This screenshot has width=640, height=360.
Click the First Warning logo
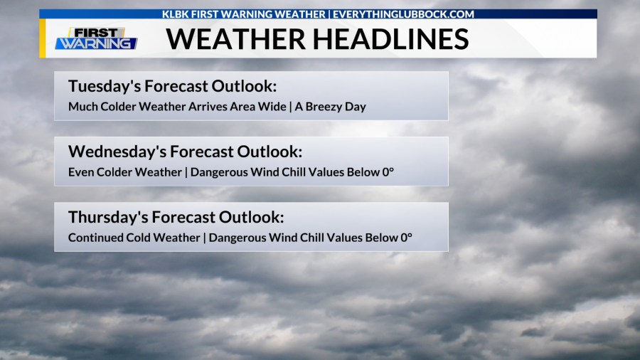point(96,38)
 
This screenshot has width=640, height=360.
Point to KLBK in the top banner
point(176,14)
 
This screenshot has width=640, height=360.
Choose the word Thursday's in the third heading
point(106,217)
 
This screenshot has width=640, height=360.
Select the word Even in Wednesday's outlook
point(80,172)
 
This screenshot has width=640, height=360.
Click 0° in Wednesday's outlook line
point(388,172)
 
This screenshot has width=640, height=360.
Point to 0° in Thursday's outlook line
point(406,238)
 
